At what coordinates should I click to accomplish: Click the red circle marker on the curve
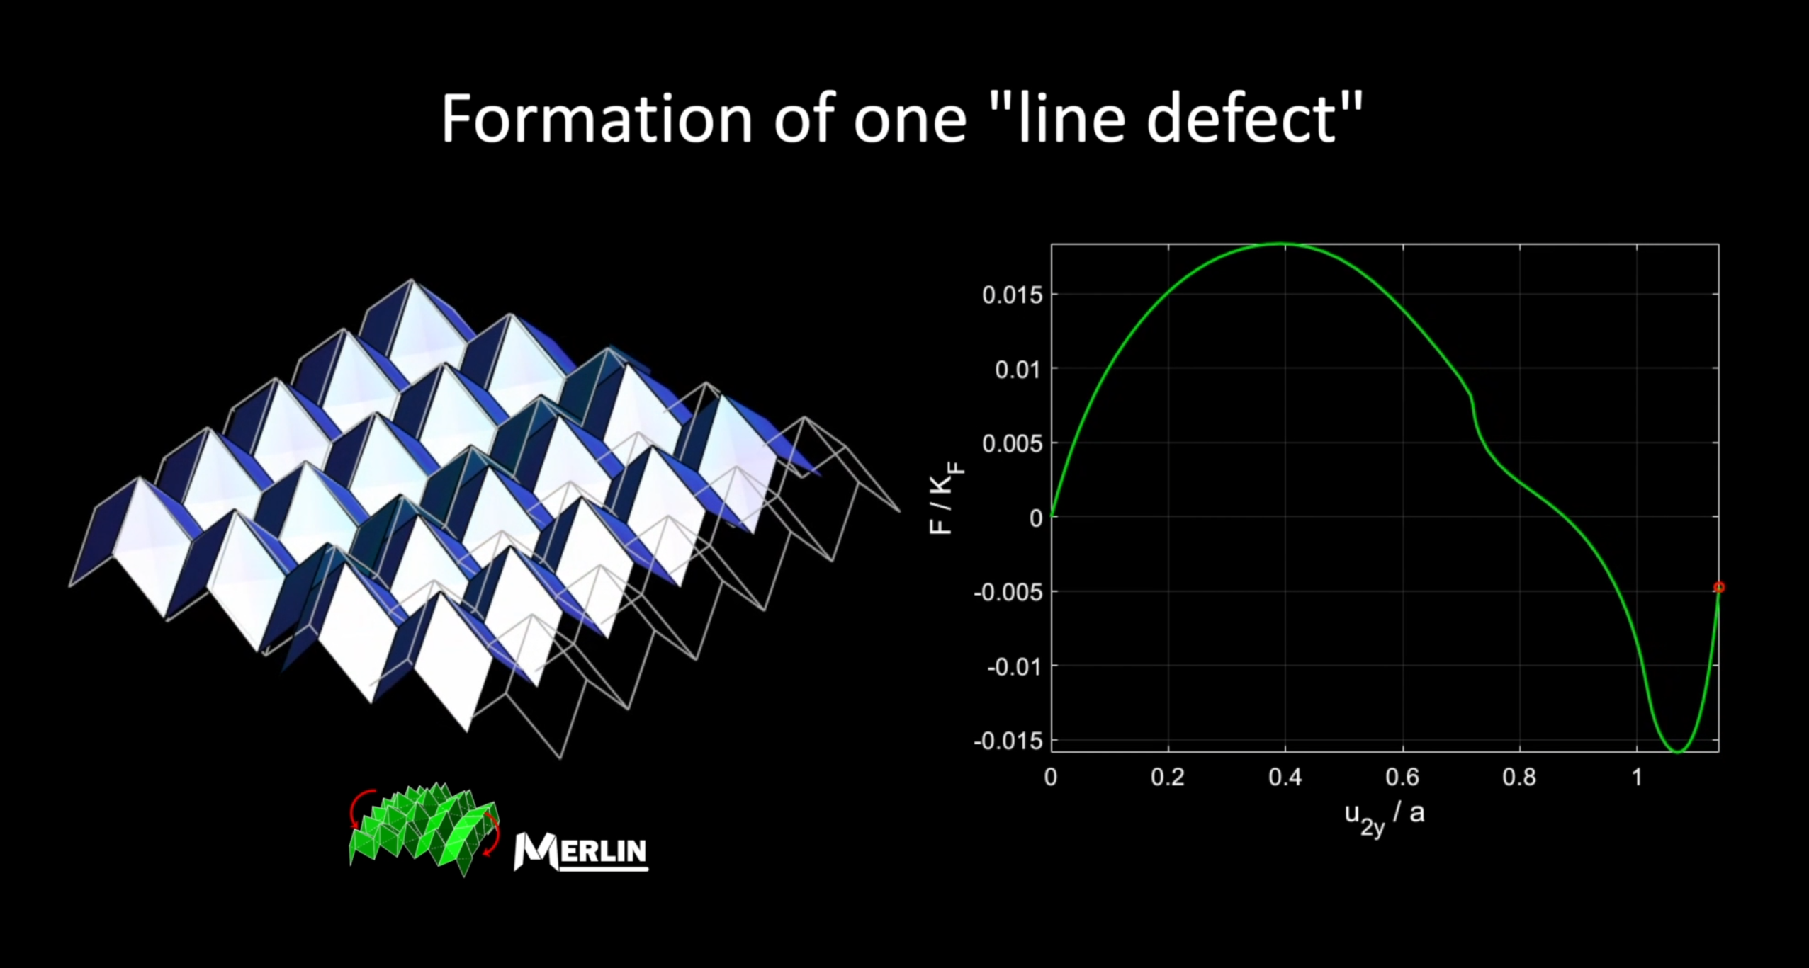coord(1719,587)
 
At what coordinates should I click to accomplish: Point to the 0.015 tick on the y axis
coord(1013,295)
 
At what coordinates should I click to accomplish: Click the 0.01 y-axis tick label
coord(1019,369)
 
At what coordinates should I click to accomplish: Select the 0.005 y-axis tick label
coord(1013,443)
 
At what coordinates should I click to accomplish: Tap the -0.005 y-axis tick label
coord(1008,592)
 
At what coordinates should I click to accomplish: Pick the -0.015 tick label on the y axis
coord(1008,741)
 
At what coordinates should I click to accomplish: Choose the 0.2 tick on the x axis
coord(1168,778)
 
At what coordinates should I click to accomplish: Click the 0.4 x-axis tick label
coord(1285,778)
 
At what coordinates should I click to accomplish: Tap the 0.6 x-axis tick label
coord(1402,778)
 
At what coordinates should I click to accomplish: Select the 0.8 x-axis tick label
coord(1520,778)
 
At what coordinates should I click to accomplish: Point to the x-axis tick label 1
coord(1637,778)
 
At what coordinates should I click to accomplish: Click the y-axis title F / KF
coord(946,498)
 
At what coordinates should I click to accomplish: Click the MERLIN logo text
coord(580,850)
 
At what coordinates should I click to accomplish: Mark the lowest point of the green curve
coord(1677,752)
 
